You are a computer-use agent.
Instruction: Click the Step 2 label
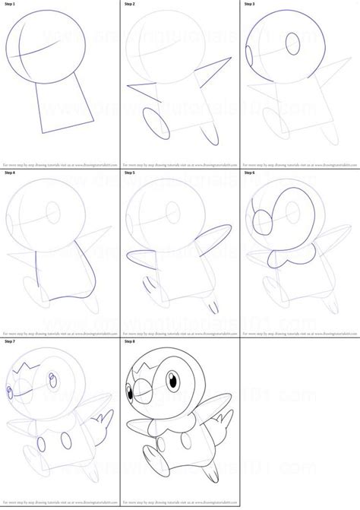click(131, 5)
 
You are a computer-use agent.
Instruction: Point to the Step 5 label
click(131, 173)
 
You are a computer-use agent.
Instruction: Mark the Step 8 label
click(131, 342)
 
